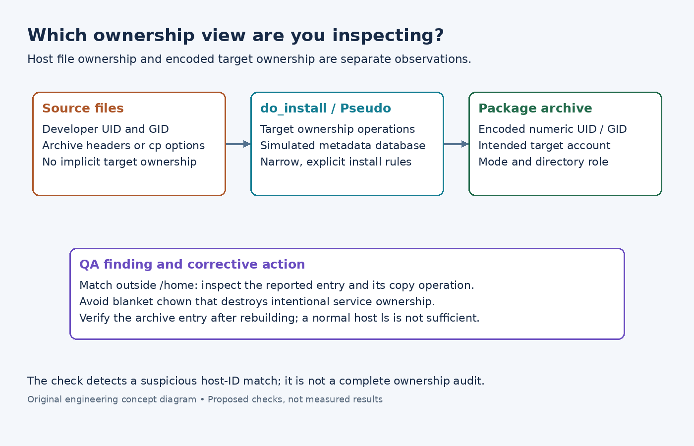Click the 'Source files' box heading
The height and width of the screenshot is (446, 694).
click(x=83, y=108)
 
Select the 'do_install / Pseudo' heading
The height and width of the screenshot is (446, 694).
click(x=326, y=109)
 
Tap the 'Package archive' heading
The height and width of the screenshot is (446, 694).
click(x=535, y=109)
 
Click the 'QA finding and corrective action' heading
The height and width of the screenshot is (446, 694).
click(x=192, y=265)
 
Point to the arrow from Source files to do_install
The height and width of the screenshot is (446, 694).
click(x=238, y=144)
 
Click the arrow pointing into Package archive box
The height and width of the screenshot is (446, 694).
click(x=456, y=144)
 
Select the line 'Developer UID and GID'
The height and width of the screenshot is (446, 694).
click(x=105, y=129)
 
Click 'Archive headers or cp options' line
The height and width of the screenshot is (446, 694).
click(x=123, y=146)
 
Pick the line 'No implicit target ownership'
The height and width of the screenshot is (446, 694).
click(x=119, y=162)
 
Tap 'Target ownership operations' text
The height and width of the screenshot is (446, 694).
click(x=338, y=129)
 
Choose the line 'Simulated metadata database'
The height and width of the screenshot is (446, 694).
click(x=343, y=146)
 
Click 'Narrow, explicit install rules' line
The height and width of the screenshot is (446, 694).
click(x=336, y=162)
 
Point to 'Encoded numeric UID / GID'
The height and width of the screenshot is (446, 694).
click(x=552, y=129)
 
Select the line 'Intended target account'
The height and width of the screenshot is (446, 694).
click(x=544, y=146)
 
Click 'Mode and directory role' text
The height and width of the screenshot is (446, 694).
click(x=543, y=162)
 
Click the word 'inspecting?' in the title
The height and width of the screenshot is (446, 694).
click(x=388, y=36)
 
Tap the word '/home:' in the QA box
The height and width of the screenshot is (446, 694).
click(x=179, y=285)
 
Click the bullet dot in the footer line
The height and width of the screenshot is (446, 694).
click(x=202, y=399)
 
